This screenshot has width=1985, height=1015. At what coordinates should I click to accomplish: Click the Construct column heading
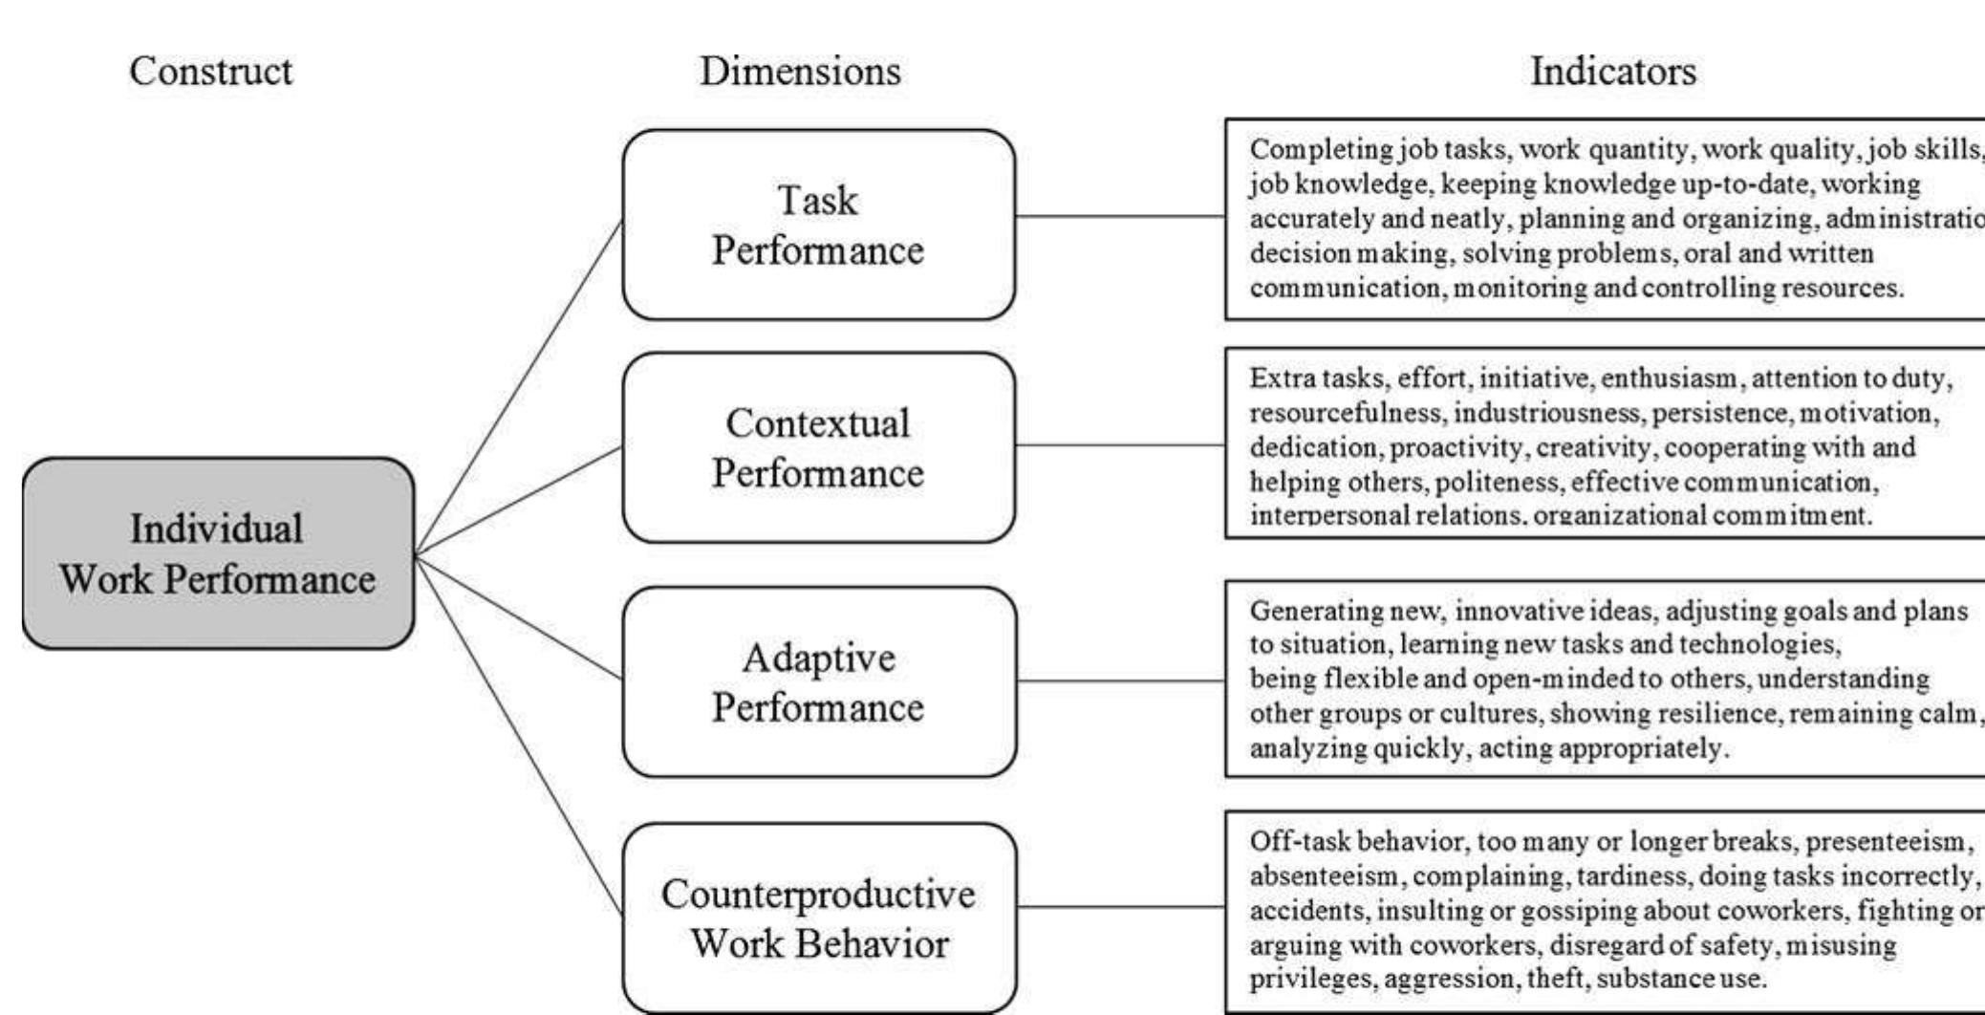tap(210, 71)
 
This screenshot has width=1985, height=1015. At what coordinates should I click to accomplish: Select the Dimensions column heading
tap(800, 71)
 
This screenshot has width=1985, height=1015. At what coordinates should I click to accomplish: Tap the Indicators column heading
tap(1613, 71)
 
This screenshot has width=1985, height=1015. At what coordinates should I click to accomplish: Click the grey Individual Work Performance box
tap(218, 554)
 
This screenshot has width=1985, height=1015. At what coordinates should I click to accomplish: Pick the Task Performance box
tap(818, 226)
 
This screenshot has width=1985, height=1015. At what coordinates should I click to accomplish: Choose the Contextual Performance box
tap(818, 448)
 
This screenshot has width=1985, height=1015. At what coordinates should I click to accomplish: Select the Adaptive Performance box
tap(818, 682)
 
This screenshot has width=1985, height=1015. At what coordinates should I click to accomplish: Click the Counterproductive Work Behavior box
tap(818, 918)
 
